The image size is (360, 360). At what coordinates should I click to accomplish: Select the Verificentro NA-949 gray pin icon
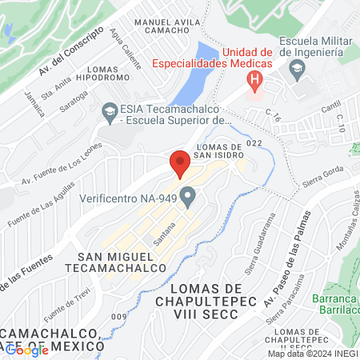(188, 196)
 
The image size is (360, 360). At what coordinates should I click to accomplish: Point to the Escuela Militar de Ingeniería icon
(297, 70)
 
